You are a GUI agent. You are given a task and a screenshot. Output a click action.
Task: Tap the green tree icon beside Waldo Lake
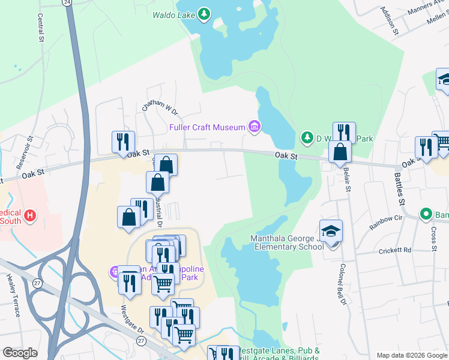(204, 13)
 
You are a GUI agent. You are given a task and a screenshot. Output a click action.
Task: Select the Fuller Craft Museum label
(208, 127)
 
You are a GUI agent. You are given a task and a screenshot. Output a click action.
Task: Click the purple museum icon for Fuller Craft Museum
(255, 127)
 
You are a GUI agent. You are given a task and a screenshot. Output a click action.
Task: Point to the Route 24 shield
(68, 2)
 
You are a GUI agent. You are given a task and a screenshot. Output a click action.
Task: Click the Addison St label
(389, 21)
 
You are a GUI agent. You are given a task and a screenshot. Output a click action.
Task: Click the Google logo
(20, 353)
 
